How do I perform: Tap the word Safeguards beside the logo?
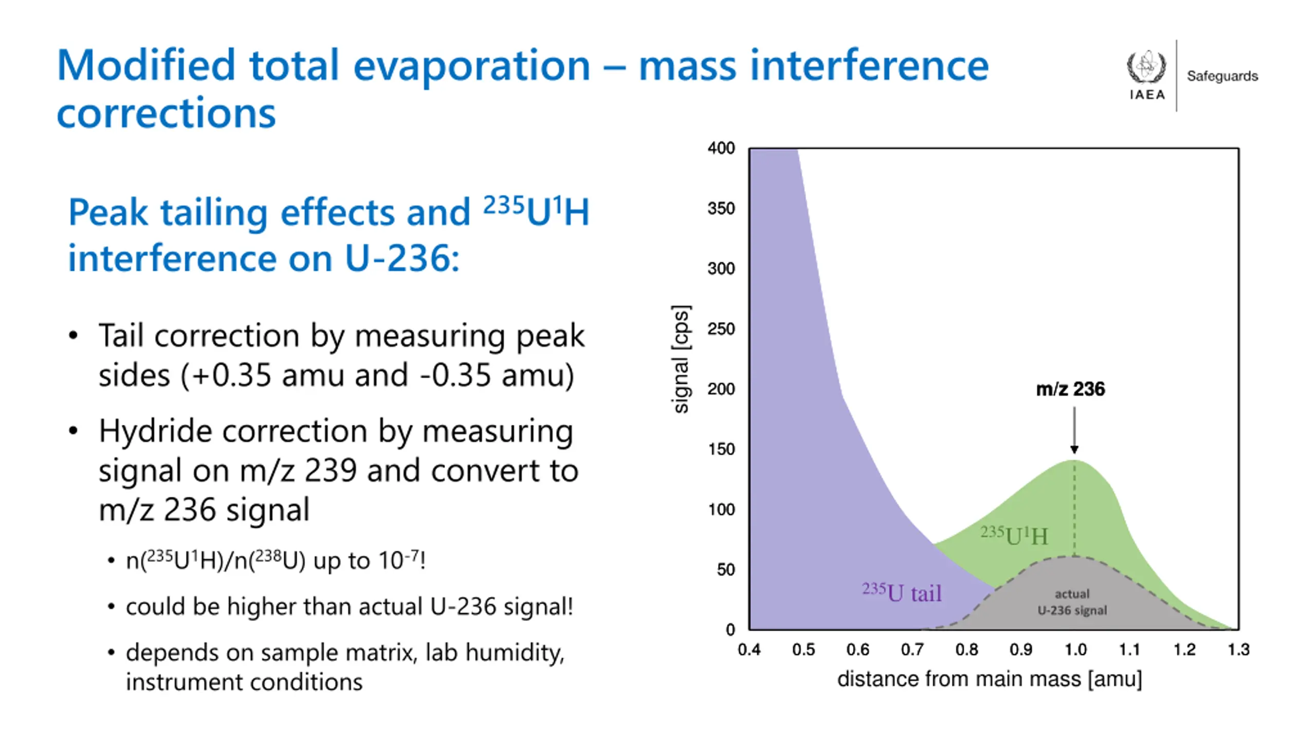pyautogui.click(x=1222, y=76)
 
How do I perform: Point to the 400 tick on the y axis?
pyautogui.click(x=721, y=149)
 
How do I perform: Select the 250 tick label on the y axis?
pyautogui.click(x=721, y=329)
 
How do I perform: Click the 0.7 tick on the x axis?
pyautogui.click(x=912, y=650)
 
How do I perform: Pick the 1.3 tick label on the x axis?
pyautogui.click(x=1238, y=650)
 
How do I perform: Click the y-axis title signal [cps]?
pyautogui.click(x=681, y=359)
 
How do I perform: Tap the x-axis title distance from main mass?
pyautogui.click(x=989, y=679)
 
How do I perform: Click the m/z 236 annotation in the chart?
pyautogui.click(x=1070, y=389)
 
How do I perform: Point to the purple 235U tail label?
pyautogui.click(x=902, y=593)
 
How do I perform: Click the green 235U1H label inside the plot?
pyautogui.click(x=1014, y=535)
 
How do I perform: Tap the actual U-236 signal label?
pyautogui.click(x=1072, y=602)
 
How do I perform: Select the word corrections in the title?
pyautogui.click(x=166, y=113)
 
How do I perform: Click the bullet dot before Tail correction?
pyautogui.click(x=74, y=336)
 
